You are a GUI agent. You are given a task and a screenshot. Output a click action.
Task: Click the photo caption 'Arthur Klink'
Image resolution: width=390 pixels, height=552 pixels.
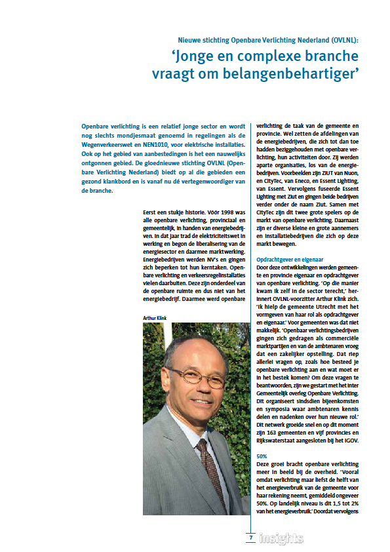tap(157, 317)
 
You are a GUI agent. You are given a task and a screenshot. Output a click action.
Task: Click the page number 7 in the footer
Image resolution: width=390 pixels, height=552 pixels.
tap(249, 538)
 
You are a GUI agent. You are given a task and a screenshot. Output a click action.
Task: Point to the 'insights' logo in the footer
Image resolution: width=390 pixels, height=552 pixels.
tap(281, 538)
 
